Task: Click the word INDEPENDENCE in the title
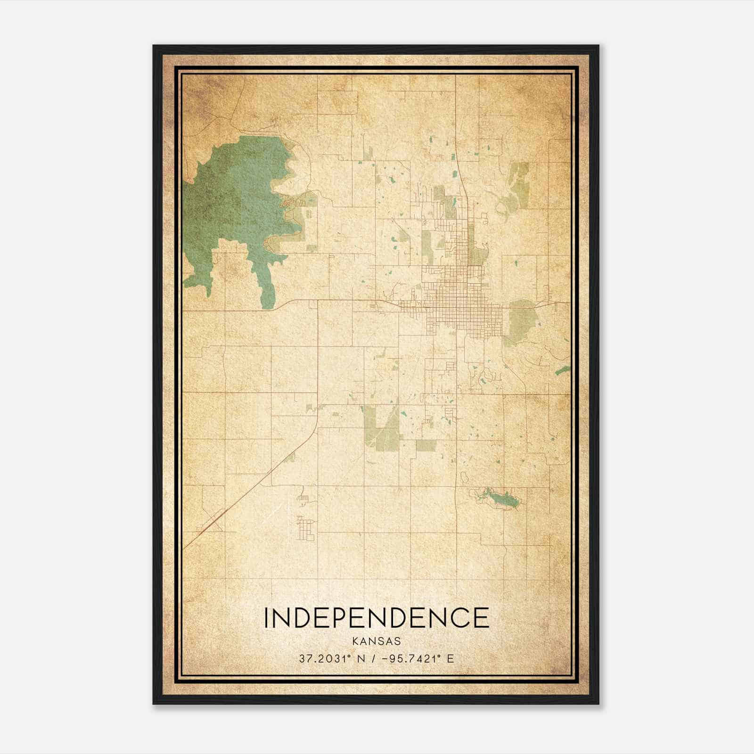(376, 618)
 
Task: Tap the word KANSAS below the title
(376, 641)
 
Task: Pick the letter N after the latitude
(361, 659)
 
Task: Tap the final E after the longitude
(451, 659)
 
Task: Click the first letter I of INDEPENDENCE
(267, 618)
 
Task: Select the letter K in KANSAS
(354, 641)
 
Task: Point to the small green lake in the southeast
(501, 497)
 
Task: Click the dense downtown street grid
(452, 302)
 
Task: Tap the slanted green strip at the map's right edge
(562, 371)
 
